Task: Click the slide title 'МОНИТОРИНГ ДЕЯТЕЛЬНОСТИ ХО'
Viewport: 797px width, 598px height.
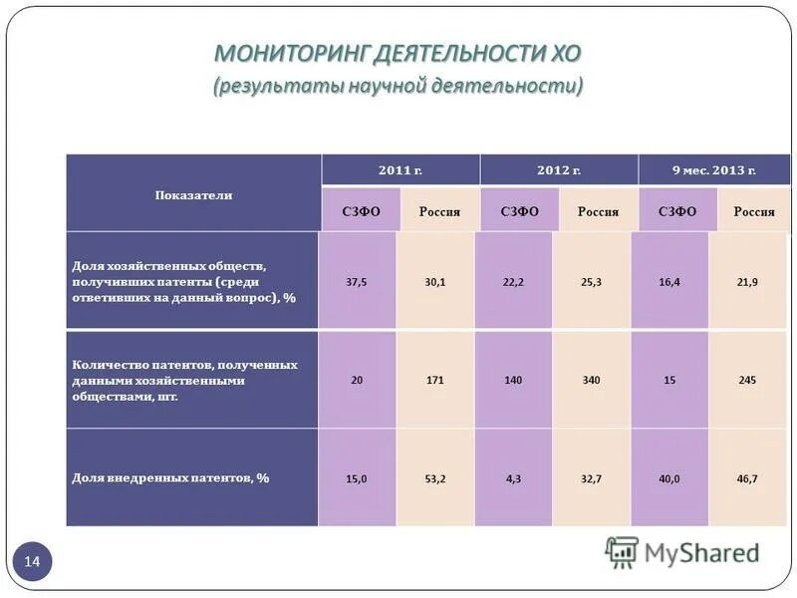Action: pyautogui.click(x=398, y=53)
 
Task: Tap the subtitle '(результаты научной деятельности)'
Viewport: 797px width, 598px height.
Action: pyautogui.click(x=398, y=86)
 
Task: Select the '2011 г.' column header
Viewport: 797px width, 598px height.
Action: pyautogui.click(x=400, y=170)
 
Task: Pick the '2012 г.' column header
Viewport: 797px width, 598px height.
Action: pyautogui.click(x=558, y=170)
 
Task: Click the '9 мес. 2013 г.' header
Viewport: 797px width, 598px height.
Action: pyautogui.click(x=713, y=170)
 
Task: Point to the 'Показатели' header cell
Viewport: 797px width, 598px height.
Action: pyautogui.click(x=193, y=194)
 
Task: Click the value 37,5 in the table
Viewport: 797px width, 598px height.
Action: pyautogui.click(x=357, y=282)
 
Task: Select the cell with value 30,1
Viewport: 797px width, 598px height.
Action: pyautogui.click(x=435, y=282)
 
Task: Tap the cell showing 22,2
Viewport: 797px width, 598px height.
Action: pyautogui.click(x=514, y=282)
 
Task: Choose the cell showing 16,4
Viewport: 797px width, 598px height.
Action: pyautogui.click(x=669, y=282)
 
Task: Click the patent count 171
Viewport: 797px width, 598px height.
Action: pyautogui.click(x=435, y=380)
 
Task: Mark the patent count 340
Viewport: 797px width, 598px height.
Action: pyautogui.click(x=591, y=380)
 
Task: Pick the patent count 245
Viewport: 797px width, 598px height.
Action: pyautogui.click(x=747, y=380)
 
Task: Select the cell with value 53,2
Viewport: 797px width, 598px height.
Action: pyautogui.click(x=435, y=478)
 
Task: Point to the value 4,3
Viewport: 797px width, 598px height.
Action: pyautogui.click(x=514, y=478)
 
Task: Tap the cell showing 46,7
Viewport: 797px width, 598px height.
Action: pyautogui.click(x=747, y=478)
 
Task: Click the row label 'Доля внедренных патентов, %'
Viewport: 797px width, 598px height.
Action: pyautogui.click(x=170, y=478)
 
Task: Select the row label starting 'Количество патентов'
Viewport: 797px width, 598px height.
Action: pyautogui.click(x=184, y=380)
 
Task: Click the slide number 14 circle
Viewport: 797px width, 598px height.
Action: pyautogui.click(x=32, y=563)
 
